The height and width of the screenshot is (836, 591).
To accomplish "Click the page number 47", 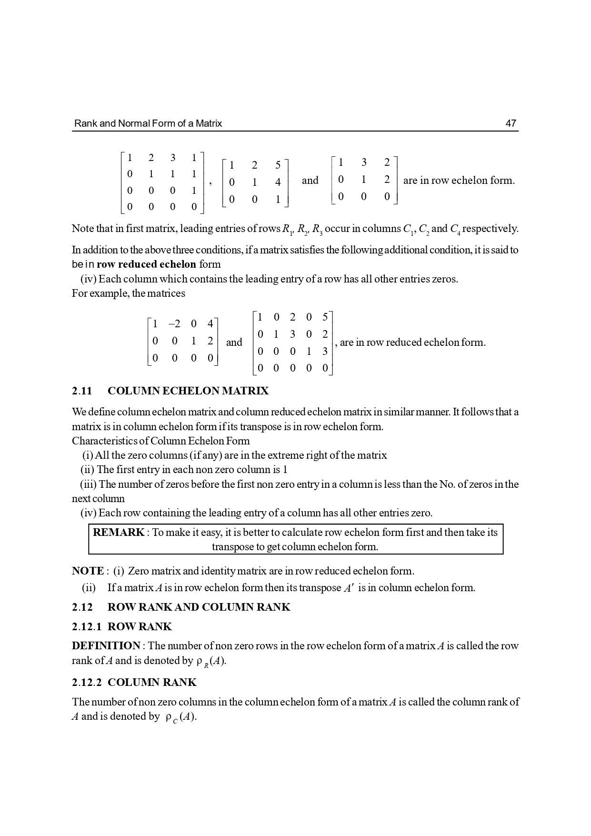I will [x=511, y=123].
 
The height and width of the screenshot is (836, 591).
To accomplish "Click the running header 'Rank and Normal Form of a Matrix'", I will [x=148, y=123].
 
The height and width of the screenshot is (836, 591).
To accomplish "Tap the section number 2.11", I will [x=82, y=391].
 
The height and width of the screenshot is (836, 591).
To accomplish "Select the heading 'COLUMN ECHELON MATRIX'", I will [x=188, y=391].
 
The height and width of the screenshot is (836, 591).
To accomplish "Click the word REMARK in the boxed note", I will [x=119, y=532].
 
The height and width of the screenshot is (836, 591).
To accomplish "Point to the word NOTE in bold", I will [x=88, y=571].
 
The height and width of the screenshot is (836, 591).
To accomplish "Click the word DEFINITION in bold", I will [x=106, y=645].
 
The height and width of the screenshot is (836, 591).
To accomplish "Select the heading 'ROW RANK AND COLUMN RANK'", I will [x=199, y=607].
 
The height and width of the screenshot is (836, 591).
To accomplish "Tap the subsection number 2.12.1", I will [x=87, y=626].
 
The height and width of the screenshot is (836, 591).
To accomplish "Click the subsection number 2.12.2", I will [x=87, y=682].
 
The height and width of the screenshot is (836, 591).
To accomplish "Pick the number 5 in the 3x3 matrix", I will [x=278, y=165].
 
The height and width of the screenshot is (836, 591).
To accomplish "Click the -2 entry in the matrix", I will [x=174, y=324].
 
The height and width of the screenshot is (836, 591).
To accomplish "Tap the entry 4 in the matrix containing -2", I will [x=210, y=324].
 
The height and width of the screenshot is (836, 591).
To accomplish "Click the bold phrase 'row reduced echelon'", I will [x=146, y=264].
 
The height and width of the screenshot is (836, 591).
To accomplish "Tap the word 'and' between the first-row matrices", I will [x=310, y=180].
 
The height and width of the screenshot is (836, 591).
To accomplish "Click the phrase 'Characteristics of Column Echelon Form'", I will [x=160, y=441].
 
